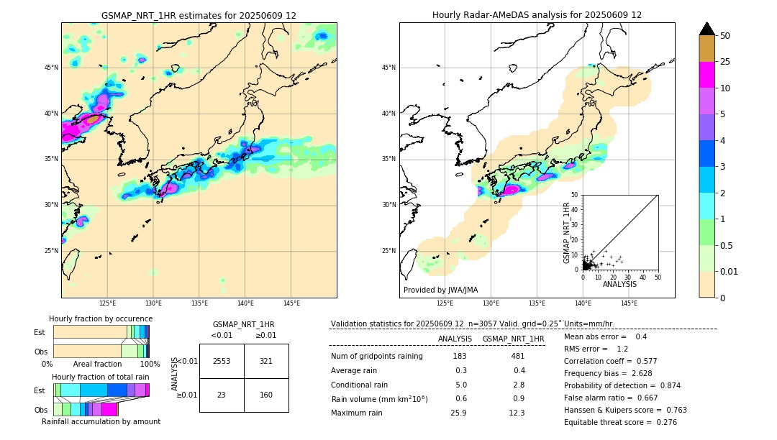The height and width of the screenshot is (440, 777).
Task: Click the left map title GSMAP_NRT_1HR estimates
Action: [199, 15]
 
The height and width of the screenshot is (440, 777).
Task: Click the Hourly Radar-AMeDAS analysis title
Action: [537, 15]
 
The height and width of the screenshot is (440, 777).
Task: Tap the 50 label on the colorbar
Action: [725, 36]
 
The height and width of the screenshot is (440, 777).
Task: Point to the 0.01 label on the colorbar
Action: [730, 271]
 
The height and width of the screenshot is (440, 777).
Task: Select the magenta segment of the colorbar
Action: [707, 75]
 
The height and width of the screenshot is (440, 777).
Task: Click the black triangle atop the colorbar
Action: [707, 29]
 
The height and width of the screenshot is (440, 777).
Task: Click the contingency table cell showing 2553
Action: [222, 361]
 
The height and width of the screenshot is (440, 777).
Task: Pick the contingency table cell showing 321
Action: [266, 361]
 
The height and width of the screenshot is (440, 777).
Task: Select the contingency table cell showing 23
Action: [222, 395]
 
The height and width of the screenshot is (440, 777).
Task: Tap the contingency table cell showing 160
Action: [266, 395]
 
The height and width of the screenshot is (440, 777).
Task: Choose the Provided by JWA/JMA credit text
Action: [440, 290]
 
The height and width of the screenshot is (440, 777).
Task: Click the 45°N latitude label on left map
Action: [51, 68]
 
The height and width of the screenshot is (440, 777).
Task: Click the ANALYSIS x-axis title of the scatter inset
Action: [619, 284]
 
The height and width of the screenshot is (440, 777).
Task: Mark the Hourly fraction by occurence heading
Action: [101, 318]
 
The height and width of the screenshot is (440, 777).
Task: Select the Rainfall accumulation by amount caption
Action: [101, 421]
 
